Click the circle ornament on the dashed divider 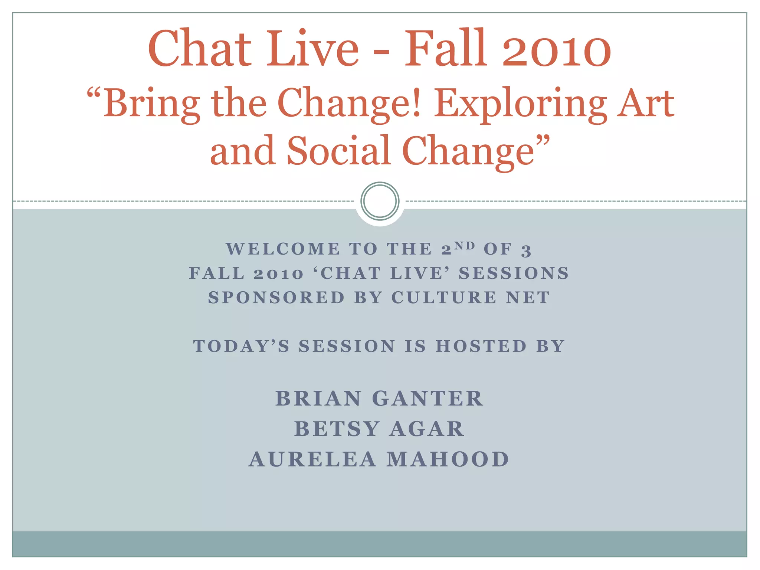click(x=380, y=201)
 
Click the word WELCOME click(x=283, y=249)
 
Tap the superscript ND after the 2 click(x=465, y=246)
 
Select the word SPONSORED click(x=276, y=298)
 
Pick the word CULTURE click(x=444, y=298)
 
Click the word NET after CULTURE click(x=528, y=298)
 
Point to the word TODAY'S click(x=241, y=346)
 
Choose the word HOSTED click(x=481, y=346)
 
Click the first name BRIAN click(x=318, y=399)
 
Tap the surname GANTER click(x=427, y=399)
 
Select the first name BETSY click(x=337, y=429)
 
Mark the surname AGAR click(x=427, y=429)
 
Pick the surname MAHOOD click(x=448, y=459)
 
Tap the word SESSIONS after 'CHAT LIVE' click(x=514, y=273)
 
